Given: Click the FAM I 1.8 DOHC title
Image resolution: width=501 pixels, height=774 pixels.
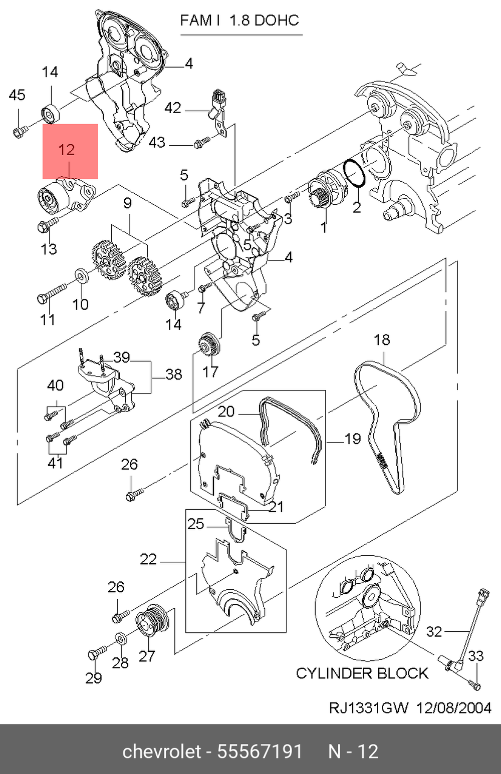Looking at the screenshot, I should coord(239,21).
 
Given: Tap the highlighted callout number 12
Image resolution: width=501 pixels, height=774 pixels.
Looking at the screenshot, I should coord(67,150).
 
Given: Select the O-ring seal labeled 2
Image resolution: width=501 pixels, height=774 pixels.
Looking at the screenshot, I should coord(355,176).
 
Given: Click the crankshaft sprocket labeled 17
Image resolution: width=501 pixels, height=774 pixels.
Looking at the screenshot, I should coord(209,345).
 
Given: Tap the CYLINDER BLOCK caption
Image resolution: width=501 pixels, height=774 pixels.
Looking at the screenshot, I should coord(362,673).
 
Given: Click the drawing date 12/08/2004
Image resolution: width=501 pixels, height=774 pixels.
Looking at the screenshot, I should coord(454,707).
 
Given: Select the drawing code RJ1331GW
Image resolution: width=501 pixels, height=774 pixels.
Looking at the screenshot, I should coord(368,707).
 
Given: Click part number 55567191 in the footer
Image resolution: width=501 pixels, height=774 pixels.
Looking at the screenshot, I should coord(260,751).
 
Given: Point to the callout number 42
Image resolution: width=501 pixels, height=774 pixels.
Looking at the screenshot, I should coord(172,108).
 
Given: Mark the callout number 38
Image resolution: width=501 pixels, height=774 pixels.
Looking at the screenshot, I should coord(173,374).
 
